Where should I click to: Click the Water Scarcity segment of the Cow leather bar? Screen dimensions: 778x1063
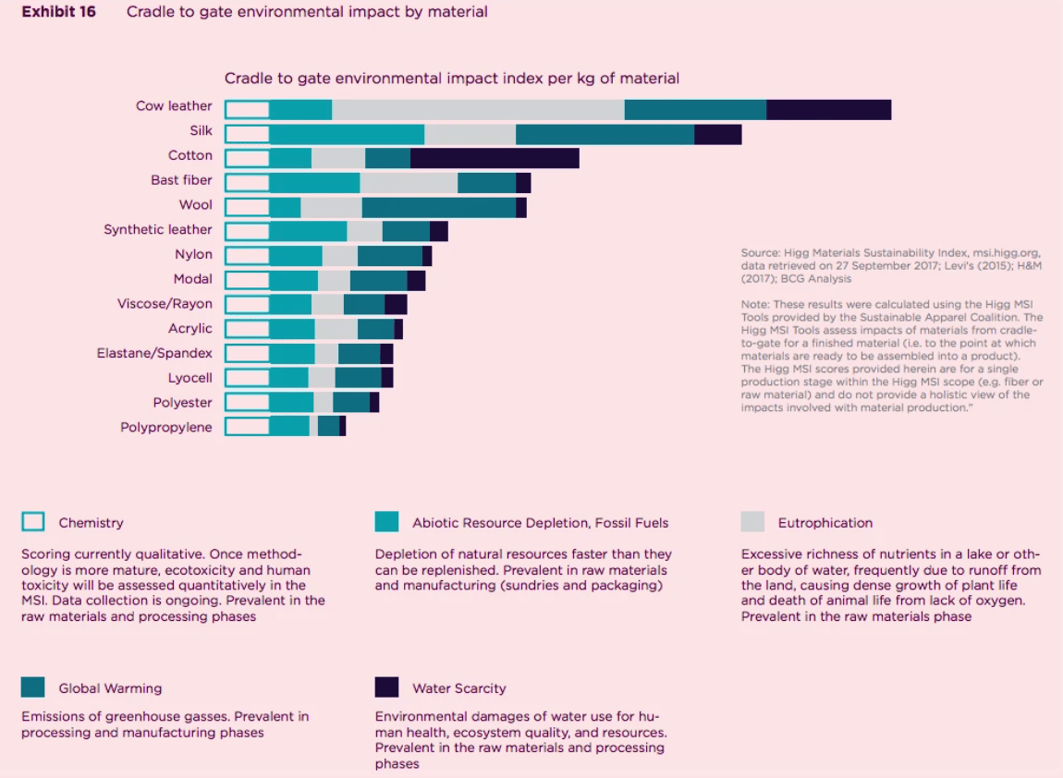pos(828,110)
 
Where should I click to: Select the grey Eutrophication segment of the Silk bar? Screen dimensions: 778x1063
pos(470,135)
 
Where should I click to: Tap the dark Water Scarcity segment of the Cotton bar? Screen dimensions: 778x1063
pos(495,159)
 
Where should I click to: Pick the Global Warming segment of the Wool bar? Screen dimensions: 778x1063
pos(438,208)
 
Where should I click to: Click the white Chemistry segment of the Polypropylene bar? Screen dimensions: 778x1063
pos(247,426)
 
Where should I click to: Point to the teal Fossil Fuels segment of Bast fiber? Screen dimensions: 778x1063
pos(314,183)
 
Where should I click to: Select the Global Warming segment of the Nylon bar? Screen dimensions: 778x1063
pos(389,257)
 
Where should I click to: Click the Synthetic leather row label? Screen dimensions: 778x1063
pos(158,230)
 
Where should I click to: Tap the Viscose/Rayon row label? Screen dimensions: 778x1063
pos(165,304)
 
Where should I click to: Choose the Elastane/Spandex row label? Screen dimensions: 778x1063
pos(154,353)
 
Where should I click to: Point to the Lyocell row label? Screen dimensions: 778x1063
pos(189,378)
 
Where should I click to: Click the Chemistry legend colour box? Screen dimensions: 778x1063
pos(32,522)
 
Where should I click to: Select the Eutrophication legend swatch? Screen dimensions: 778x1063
pos(752,522)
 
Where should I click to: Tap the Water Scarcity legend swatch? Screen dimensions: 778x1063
pos(386,687)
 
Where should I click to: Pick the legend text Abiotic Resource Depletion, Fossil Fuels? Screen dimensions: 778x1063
pos(540,523)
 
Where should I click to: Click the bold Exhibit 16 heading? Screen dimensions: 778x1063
pos(58,12)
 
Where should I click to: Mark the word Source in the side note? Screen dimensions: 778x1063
pos(760,253)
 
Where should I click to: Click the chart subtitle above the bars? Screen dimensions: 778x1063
pos(452,79)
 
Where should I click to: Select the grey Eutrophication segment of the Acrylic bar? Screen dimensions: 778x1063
pos(336,329)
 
